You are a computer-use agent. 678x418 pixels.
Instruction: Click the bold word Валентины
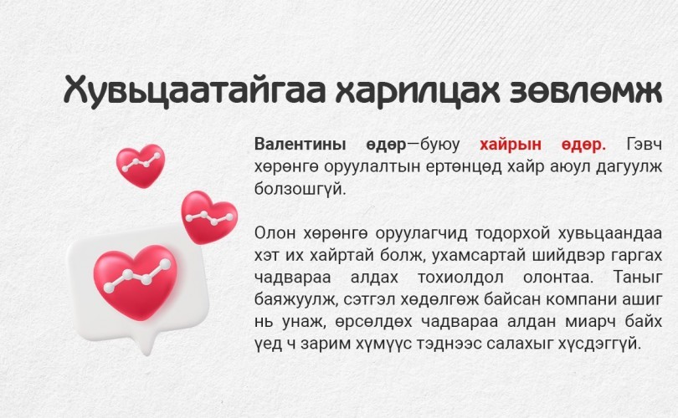[300, 145]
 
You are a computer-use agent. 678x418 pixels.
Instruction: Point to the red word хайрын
[511, 145]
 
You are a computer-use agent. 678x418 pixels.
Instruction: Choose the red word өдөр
[583, 145]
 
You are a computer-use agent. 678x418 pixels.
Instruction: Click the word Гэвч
[644, 145]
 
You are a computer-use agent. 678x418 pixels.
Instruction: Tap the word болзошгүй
[300, 189]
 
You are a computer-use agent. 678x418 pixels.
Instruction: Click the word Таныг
[638, 278]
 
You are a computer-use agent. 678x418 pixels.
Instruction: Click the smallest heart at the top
[141, 166]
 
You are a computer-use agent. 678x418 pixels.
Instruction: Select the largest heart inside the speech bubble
[136, 281]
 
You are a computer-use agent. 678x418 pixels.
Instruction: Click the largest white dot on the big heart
[165, 264]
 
